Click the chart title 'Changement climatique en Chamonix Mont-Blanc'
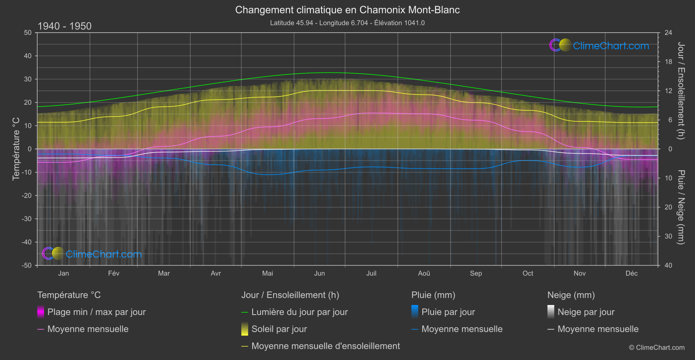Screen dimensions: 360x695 click(347, 10)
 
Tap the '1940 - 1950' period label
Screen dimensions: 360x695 click(65, 26)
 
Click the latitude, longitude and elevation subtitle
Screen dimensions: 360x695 click(347, 23)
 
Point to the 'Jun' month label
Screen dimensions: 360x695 click(319, 273)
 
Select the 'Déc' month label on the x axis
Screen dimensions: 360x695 click(631, 273)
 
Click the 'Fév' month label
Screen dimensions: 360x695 click(113, 273)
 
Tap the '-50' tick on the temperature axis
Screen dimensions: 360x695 click(27, 265)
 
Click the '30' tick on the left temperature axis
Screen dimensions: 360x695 click(28, 79)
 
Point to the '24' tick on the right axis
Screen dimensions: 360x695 click(668, 33)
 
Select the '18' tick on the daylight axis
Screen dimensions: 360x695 click(668, 62)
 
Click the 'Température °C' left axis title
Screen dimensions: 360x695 click(16, 149)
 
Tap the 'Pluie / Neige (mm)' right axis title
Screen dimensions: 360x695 click(681, 207)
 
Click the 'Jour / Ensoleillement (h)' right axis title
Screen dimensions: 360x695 click(681, 91)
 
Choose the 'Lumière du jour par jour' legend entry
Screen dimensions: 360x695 click(299, 312)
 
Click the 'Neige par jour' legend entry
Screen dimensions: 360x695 click(585, 312)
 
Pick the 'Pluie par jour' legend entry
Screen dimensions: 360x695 click(448, 312)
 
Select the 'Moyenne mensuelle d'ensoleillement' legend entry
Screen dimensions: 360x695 click(325, 346)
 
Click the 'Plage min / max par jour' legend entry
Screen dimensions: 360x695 click(96, 312)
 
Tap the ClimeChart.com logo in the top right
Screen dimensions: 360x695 click(599, 45)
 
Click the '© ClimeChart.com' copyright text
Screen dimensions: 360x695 click(657, 348)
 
